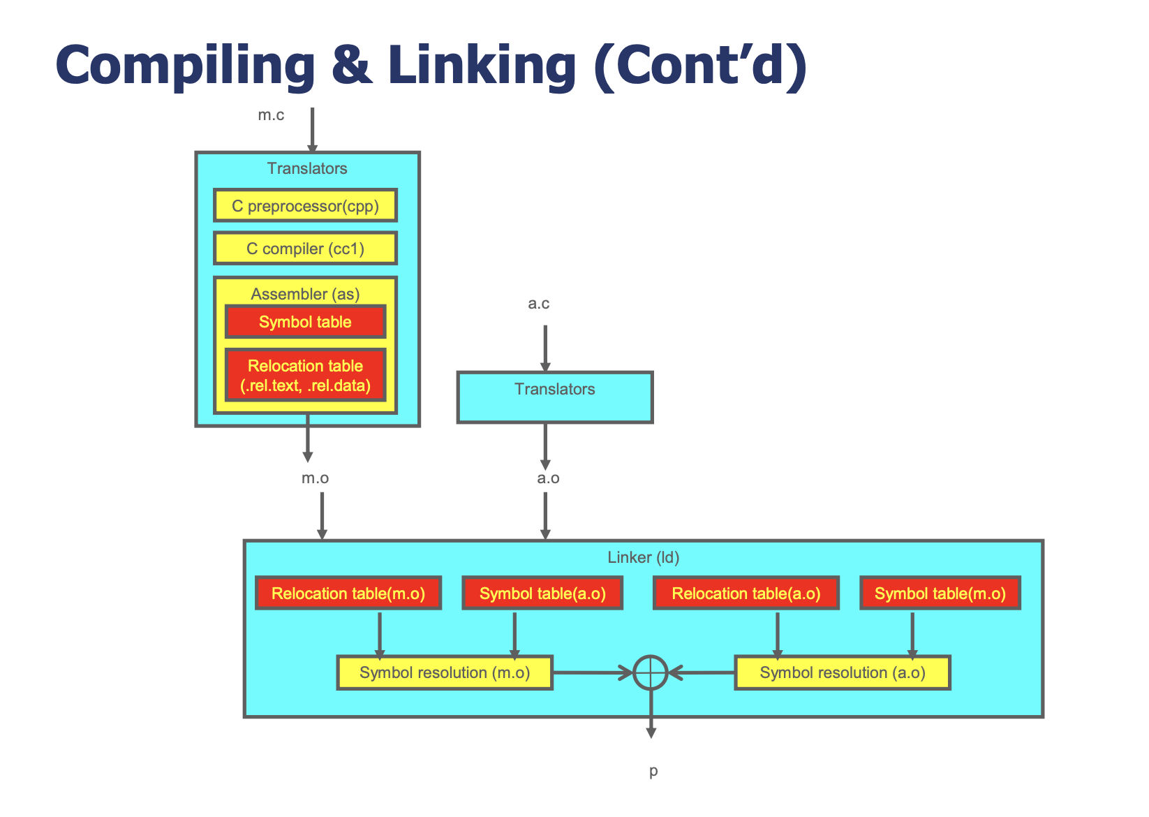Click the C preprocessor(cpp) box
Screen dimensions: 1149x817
pos(306,205)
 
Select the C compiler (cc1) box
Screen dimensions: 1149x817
pos(306,249)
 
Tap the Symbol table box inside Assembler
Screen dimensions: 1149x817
pos(306,322)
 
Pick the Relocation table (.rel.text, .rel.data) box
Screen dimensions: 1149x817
pos(306,375)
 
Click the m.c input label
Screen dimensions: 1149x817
pos(271,115)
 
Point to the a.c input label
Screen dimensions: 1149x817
pos(539,303)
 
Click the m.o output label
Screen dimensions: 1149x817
pos(315,478)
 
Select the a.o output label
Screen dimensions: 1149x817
pos(548,478)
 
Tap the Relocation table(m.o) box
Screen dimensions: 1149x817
pos(348,594)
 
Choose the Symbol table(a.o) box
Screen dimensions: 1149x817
pos(542,594)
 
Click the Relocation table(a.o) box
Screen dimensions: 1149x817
pos(746,594)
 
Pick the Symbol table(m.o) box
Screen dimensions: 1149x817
pos(940,594)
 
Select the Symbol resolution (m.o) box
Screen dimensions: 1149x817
pos(445,672)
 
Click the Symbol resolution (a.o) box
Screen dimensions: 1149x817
pos(843,672)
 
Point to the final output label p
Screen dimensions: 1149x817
pos(653,771)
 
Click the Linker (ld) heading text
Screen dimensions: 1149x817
pos(643,557)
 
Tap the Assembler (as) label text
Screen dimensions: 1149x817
pos(305,294)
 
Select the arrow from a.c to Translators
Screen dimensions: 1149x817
pos(545,348)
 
